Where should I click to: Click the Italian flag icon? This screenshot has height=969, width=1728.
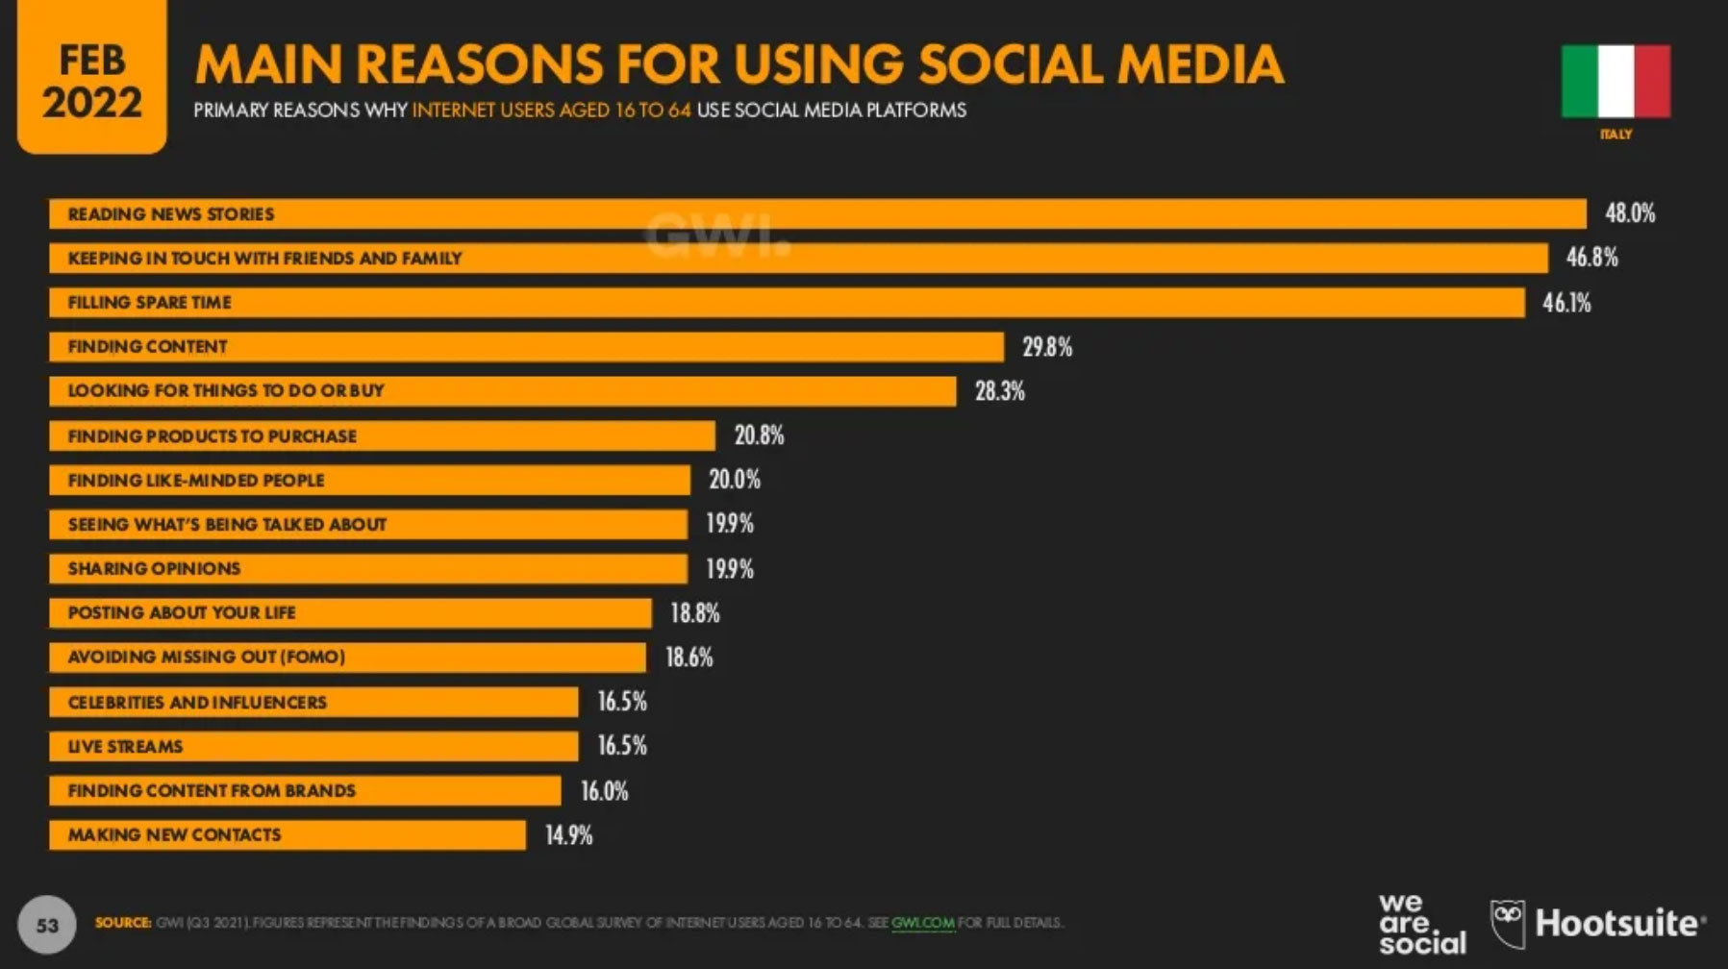click(1615, 82)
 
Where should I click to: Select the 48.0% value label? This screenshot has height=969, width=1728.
click(1630, 213)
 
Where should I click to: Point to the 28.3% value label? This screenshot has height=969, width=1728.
click(999, 391)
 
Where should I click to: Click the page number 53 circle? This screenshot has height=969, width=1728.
click(47, 925)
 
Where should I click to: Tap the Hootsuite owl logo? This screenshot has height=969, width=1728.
click(1508, 923)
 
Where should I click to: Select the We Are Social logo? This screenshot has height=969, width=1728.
click(1421, 924)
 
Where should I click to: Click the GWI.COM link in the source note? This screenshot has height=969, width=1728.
click(922, 923)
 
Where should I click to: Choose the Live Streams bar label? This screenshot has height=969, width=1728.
click(125, 746)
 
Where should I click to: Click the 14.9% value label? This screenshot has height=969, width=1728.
click(568, 835)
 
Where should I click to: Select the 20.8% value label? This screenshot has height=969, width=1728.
click(759, 435)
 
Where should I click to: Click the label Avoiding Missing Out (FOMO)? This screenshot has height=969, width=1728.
click(206, 657)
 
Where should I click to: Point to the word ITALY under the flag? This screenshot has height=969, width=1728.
click(1615, 135)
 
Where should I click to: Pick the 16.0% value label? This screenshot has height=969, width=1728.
click(604, 791)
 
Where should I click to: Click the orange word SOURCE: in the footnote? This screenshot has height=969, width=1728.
click(122, 923)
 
